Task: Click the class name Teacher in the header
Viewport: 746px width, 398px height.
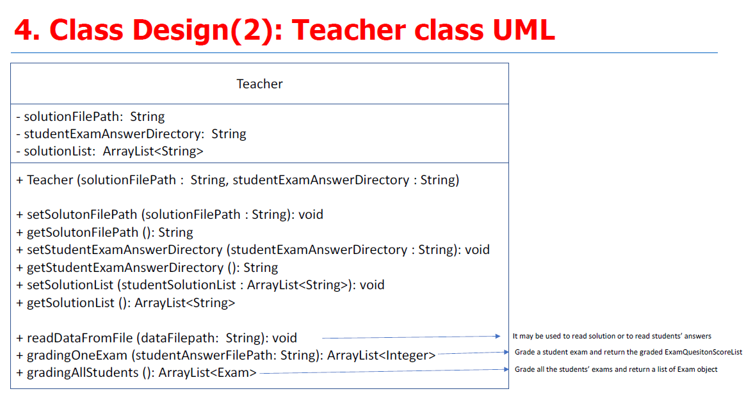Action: pyautogui.click(x=259, y=84)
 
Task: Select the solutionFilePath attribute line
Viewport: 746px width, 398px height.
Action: pyautogui.click(x=90, y=116)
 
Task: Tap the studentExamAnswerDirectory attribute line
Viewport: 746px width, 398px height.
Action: pyautogui.click(x=131, y=134)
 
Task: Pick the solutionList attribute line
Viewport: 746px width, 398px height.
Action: pyautogui.click(x=109, y=151)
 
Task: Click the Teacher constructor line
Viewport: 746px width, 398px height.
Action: pyautogui.click(x=238, y=180)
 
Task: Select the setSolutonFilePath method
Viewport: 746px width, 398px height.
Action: pyautogui.click(x=170, y=214)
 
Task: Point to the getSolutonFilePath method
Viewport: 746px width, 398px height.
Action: pyautogui.click(x=104, y=232)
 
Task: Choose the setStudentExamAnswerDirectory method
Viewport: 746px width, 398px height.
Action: pyautogui.click(x=253, y=250)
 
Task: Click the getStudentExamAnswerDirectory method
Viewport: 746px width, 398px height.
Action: pyautogui.click(x=147, y=267)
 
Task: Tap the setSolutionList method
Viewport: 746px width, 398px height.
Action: pyautogui.click(x=200, y=285)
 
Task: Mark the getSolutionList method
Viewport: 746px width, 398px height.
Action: pyautogui.click(x=126, y=303)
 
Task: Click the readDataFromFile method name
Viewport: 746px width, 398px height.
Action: pyautogui.click(x=80, y=338)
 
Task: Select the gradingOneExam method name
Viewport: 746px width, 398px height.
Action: pyautogui.click(x=77, y=356)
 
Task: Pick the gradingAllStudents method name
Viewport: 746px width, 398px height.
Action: pyautogui.click(x=83, y=373)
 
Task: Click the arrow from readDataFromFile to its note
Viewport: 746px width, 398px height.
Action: pyautogui.click(x=411, y=337)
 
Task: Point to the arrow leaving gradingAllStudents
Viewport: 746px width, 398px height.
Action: pyautogui.click(x=384, y=371)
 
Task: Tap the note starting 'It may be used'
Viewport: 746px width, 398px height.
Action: pyautogui.click(x=612, y=336)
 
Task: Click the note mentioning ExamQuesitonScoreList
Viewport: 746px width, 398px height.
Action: pyautogui.click(x=628, y=353)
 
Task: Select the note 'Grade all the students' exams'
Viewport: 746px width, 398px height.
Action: pyautogui.click(x=616, y=369)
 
